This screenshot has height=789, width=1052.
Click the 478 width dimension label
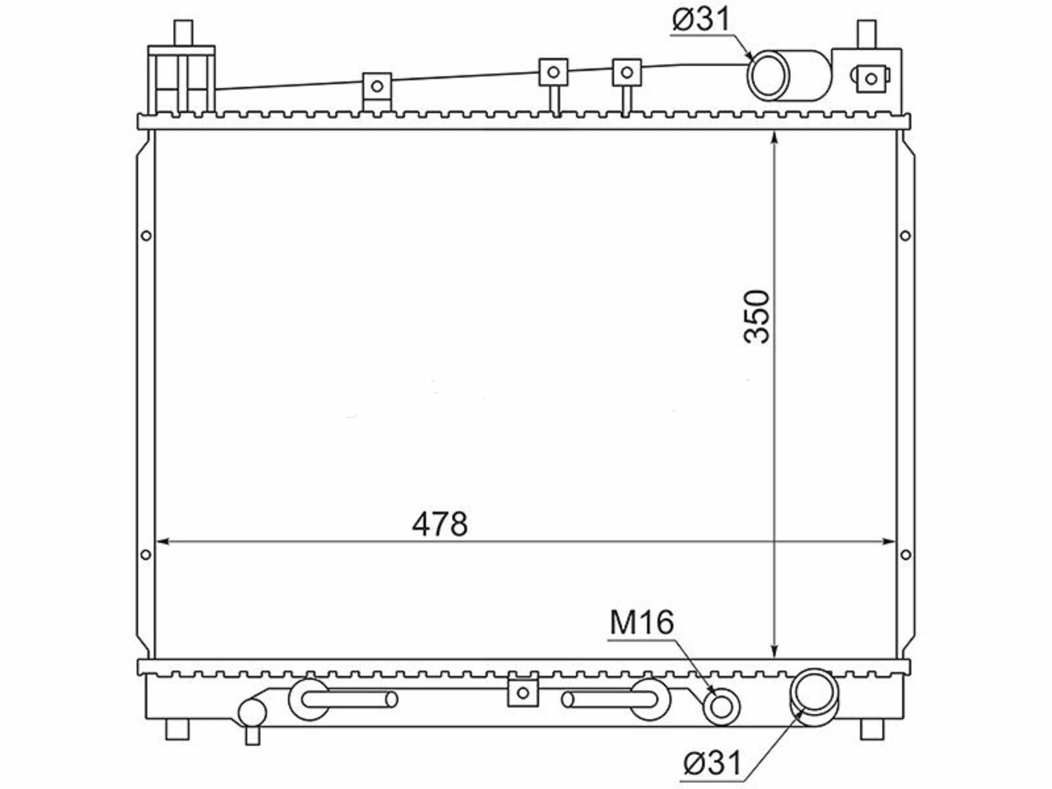click(x=439, y=524)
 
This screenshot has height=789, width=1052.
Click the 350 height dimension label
click(x=756, y=317)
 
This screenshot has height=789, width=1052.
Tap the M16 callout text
click(x=642, y=622)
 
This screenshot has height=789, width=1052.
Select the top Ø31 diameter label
click(x=700, y=19)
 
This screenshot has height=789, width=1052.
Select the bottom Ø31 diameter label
click(x=712, y=762)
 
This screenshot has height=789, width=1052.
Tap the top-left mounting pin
click(x=183, y=33)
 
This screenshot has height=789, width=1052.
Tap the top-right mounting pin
click(x=867, y=34)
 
